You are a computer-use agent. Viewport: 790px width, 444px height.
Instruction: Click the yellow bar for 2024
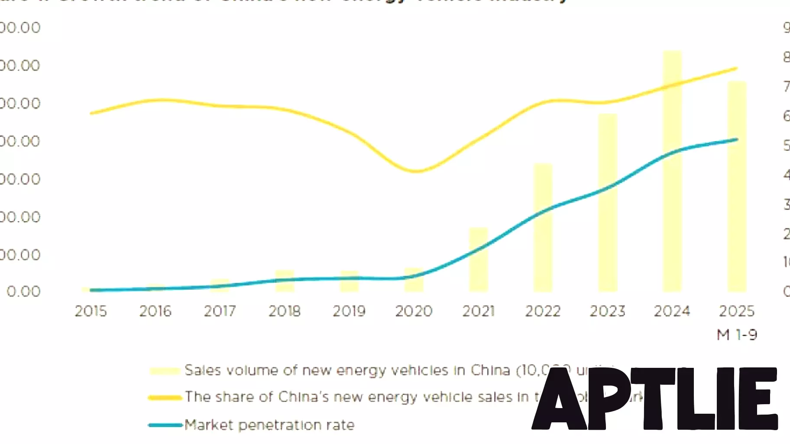(672, 173)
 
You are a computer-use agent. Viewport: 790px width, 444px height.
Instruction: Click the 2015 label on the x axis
(91, 311)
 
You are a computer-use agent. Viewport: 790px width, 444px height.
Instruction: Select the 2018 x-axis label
(284, 311)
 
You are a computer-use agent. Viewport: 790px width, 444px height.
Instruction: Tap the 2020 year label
(414, 311)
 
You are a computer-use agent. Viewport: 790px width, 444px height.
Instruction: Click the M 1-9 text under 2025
(737, 335)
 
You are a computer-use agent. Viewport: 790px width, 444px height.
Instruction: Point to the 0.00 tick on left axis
(23, 291)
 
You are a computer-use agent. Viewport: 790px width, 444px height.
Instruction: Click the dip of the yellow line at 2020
(415, 171)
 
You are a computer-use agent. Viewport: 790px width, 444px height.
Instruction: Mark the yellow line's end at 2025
(736, 68)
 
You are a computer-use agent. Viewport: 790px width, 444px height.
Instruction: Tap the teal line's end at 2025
(736, 139)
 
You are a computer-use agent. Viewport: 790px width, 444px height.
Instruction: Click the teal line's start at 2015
(91, 290)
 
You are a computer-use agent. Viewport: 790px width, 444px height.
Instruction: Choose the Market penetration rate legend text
(269, 425)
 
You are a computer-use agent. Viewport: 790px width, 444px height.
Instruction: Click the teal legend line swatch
(165, 425)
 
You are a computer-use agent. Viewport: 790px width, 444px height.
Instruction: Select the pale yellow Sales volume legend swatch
(165, 371)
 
